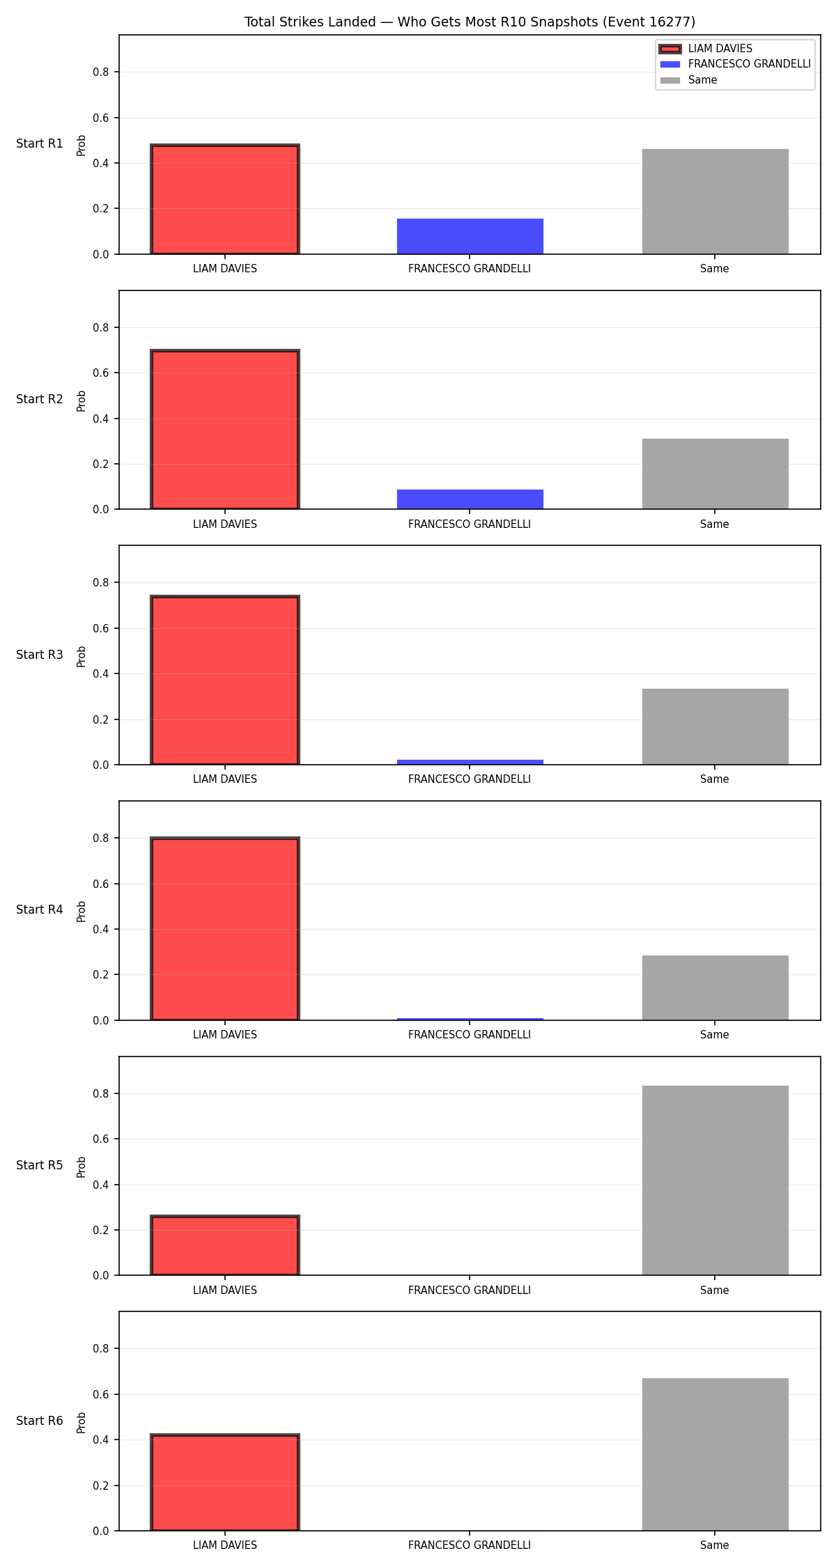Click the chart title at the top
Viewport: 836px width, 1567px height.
[470, 22]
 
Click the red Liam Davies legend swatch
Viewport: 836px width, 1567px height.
[669, 49]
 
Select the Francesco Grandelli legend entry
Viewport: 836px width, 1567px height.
[736, 64]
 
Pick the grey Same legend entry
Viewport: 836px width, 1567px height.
[689, 80]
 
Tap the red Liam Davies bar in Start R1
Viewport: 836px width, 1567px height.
[225, 199]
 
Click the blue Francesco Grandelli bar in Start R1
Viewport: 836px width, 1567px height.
[470, 236]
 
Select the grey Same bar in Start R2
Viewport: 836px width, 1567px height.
[715, 474]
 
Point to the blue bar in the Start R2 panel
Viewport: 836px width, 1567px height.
[470, 499]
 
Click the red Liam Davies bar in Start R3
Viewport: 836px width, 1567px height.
[225, 680]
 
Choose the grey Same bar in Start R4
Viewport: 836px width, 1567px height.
[715, 988]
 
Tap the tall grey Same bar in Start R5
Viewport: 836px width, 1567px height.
[715, 1180]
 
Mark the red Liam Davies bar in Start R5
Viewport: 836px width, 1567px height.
[225, 1246]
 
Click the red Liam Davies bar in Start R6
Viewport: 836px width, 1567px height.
[225, 1483]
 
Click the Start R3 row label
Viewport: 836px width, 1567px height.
[40, 655]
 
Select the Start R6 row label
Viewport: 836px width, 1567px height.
[40, 1421]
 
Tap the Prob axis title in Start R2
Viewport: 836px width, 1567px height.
[82, 400]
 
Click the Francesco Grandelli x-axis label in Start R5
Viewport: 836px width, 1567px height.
[470, 1291]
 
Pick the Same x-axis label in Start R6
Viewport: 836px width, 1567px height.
[715, 1545]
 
